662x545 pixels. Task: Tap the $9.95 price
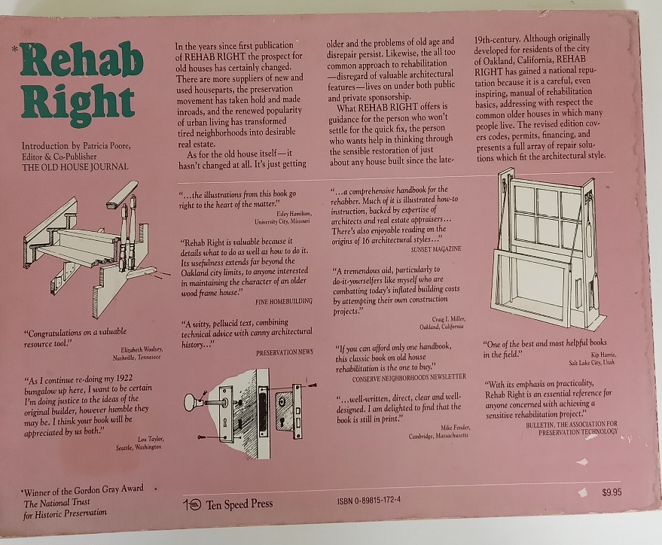coord(612,492)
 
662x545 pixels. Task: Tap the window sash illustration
coord(549,249)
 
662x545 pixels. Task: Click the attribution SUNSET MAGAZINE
coord(436,249)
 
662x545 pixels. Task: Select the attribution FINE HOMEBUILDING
coord(284,302)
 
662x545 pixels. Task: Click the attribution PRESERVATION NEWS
coord(285,352)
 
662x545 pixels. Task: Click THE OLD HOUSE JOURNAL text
coord(75,166)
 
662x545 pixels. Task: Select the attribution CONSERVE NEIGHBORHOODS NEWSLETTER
coord(409,376)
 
